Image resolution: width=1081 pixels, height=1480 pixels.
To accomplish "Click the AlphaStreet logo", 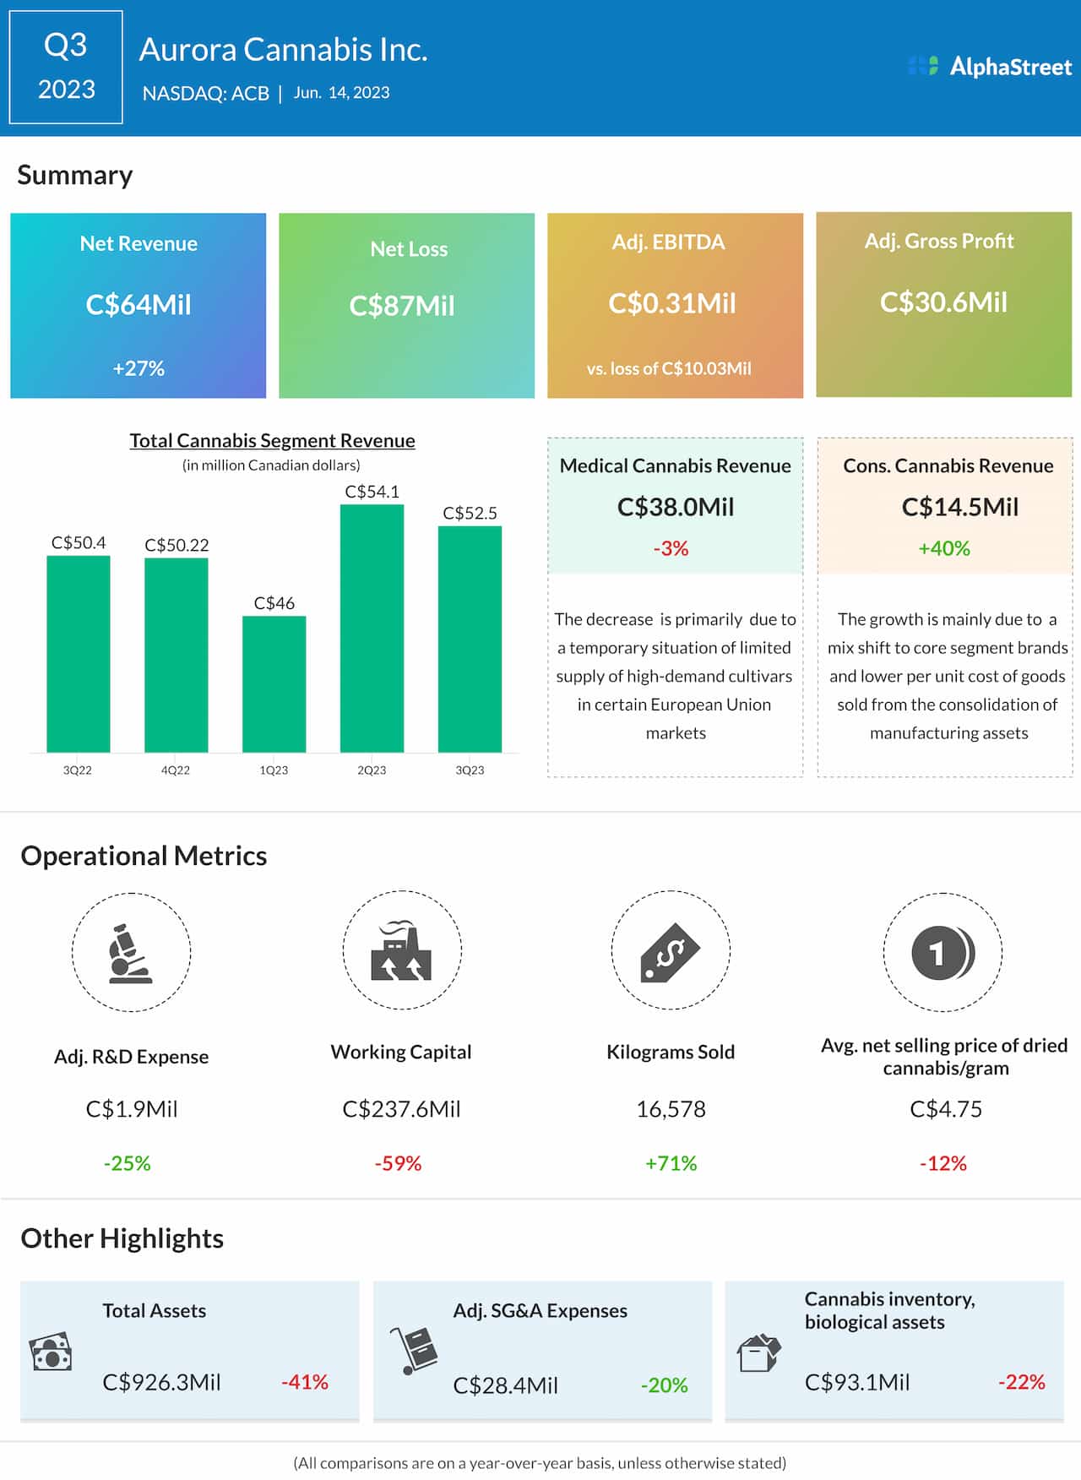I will pyautogui.click(x=989, y=66).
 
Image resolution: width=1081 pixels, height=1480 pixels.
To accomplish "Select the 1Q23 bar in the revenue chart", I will pyautogui.click(x=274, y=683).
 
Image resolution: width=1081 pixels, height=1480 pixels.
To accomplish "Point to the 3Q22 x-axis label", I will pyautogui.click(x=78, y=770).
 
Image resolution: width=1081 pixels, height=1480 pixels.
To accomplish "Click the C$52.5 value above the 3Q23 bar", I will pyautogui.click(x=470, y=513).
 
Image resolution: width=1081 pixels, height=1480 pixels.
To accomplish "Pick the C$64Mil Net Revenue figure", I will pyautogui.click(x=139, y=304).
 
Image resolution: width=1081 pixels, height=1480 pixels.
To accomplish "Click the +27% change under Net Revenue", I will pyautogui.click(x=139, y=368).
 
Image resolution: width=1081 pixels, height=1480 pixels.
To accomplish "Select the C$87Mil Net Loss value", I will pyautogui.click(x=402, y=306).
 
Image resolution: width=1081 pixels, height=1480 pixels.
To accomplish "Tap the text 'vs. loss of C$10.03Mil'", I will pyautogui.click(x=669, y=368).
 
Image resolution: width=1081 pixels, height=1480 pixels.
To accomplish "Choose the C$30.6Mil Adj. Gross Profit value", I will pyautogui.click(x=943, y=302).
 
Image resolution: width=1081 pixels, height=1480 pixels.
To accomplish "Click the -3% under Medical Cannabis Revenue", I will pyautogui.click(x=671, y=548).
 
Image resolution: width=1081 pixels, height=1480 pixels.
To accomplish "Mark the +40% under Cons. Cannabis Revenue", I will pyautogui.click(x=944, y=548).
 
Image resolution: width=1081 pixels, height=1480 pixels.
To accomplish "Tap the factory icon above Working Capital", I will pyautogui.click(x=401, y=951).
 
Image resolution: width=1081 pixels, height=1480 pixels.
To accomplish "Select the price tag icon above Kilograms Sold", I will pyautogui.click(x=670, y=952).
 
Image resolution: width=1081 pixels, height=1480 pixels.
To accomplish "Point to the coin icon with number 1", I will pyautogui.click(x=942, y=953).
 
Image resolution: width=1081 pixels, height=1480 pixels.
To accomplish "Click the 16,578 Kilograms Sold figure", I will pyautogui.click(x=671, y=1109).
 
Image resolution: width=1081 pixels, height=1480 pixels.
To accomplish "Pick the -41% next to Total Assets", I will pyautogui.click(x=305, y=1382).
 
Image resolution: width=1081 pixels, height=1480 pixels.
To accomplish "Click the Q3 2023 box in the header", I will pyautogui.click(x=66, y=67).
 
